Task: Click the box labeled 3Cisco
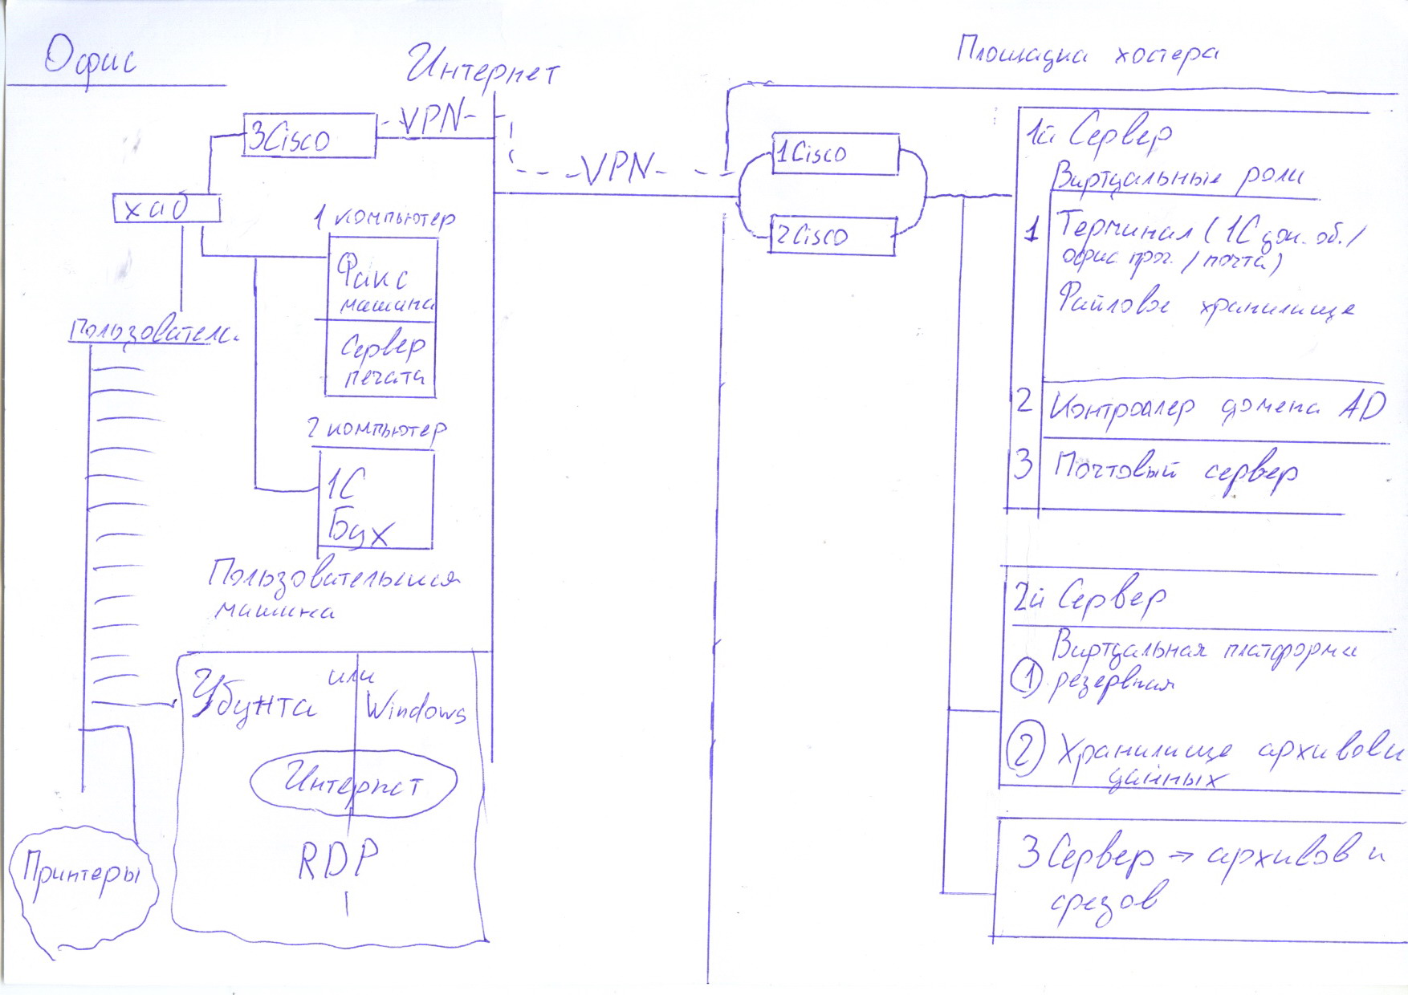click(x=309, y=136)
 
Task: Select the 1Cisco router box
click(x=835, y=154)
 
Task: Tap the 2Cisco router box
click(x=832, y=236)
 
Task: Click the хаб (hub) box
click(x=166, y=209)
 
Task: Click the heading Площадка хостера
click(x=1088, y=54)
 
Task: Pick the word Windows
click(x=415, y=708)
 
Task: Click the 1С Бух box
click(x=376, y=500)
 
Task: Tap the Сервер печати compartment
click(x=381, y=358)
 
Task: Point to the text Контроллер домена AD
click(x=1216, y=408)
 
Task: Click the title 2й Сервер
click(x=1089, y=598)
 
